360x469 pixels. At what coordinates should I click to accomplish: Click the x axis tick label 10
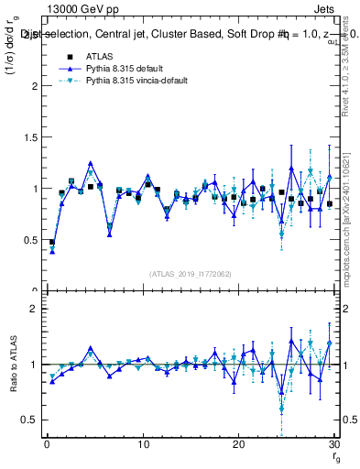coord(142,444)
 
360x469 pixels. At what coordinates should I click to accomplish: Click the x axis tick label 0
coord(47,444)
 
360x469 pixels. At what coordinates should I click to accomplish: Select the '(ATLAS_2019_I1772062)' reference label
coord(189,273)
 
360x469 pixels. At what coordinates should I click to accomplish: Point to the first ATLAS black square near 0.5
coord(51,243)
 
